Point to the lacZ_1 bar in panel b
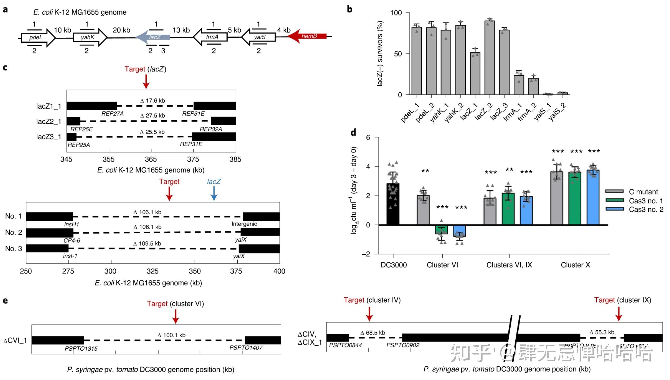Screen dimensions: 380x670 [475, 73]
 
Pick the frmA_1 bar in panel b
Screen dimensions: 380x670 [519, 85]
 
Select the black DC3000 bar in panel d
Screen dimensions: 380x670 [393, 204]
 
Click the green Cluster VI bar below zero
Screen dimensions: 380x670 [441, 230]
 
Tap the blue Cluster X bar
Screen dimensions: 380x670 [593, 197]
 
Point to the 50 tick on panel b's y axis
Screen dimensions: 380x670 [398, 54]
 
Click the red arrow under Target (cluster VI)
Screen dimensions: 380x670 [175, 317]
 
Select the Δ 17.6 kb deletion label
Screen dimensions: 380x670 [152, 101]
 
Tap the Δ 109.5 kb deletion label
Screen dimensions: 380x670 [147, 243]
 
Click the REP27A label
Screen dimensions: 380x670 [112, 114]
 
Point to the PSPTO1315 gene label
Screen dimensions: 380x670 [81, 348]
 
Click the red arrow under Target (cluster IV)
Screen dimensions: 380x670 [369, 314]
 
